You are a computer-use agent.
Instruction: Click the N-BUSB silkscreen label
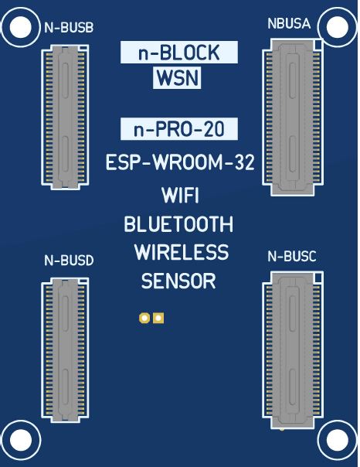point(69,27)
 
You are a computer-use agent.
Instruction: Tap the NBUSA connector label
point(289,23)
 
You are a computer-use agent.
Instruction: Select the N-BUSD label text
point(69,261)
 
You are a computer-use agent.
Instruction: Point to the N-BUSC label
point(291,257)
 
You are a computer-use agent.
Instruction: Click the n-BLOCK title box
point(179,52)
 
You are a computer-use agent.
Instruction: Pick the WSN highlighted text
point(177,78)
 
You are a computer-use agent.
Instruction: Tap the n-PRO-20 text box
point(179,129)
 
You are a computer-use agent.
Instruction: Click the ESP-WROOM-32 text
point(180,162)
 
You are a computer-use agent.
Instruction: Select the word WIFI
point(180,196)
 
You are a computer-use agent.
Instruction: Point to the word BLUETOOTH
point(178,224)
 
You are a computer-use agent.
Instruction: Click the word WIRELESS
point(182,252)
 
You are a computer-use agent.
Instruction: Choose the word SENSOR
point(178,281)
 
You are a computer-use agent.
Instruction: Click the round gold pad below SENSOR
point(144,318)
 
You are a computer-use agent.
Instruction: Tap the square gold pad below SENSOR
point(158,318)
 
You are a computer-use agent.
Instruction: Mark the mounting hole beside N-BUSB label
point(21,27)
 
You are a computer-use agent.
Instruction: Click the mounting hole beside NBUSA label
point(338,27)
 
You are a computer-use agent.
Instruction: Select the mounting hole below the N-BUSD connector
point(21,440)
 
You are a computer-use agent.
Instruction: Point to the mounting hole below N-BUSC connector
point(338,440)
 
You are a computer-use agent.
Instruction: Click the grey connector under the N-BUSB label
point(65,118)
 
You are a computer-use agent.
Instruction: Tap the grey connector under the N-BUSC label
point(293,350)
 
